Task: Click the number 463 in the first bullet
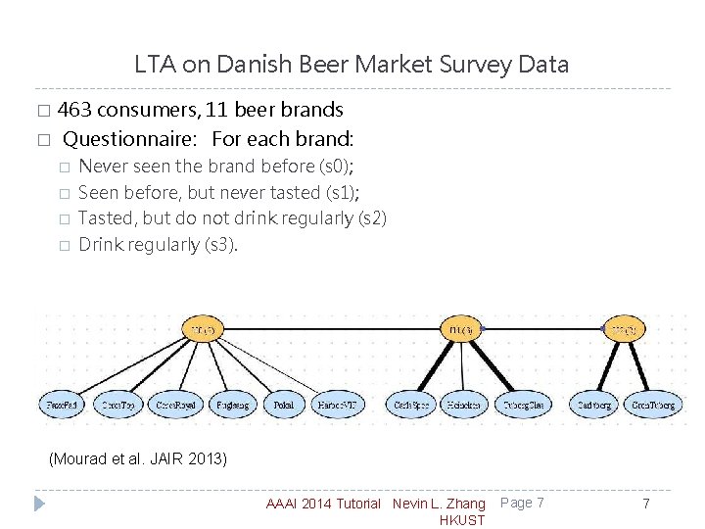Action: coord(75,109)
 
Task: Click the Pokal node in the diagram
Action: coord(283,403)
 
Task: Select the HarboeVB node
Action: coord(340,403)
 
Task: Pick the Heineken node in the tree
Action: coord(464,403)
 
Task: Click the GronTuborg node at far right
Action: coord(652,403)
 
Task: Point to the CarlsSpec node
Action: coord(409,403)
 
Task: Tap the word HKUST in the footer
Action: coord(463,520)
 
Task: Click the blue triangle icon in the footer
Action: coord(39,504)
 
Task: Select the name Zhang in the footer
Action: coord(466,504)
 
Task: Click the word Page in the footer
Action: coord(516,503)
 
